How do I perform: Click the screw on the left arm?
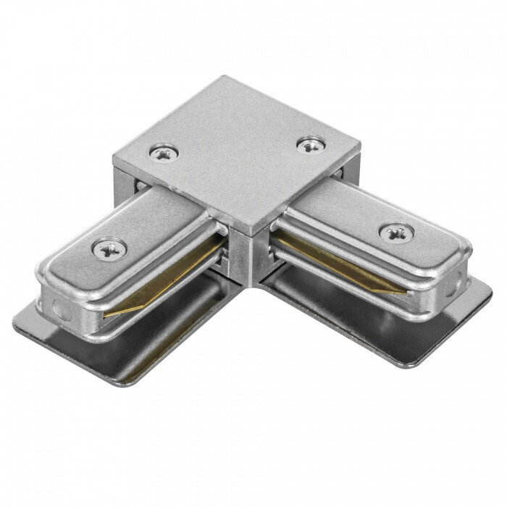coord(109,248)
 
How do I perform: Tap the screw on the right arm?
coord(396,232)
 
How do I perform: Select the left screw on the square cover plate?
coord(164,152)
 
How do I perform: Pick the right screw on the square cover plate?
coord(311,145)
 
